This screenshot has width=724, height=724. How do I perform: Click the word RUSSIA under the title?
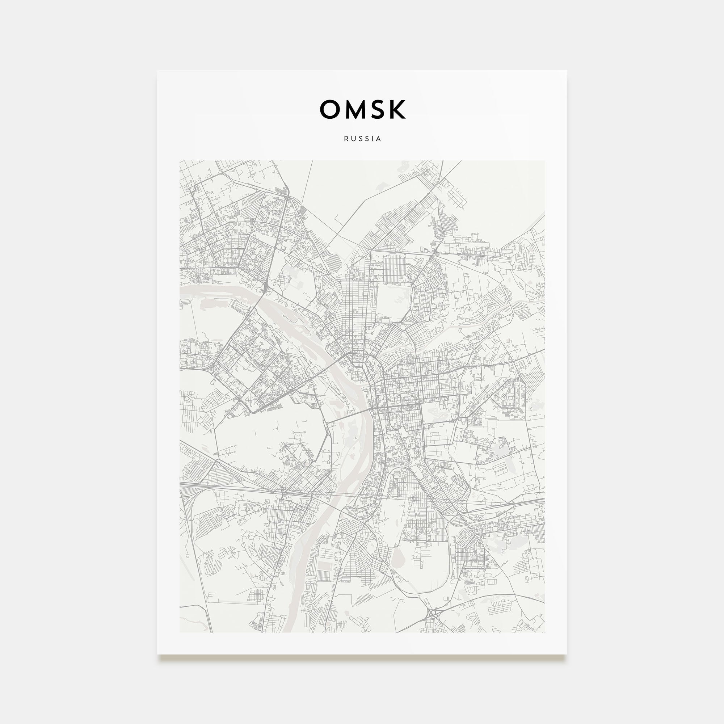tap(362, 139)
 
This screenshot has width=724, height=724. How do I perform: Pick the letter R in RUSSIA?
tap(346, 139)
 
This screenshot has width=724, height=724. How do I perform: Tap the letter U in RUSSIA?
tap(353, 139)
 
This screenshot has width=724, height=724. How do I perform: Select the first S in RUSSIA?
tap(359, 139)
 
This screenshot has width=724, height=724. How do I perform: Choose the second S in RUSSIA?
tap(366, 139)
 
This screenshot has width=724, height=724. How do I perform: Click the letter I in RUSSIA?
tap(372, 139)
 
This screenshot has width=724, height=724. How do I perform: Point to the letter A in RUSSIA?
tap(379, 139)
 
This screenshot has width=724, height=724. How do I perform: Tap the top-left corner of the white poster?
tap(157, 71)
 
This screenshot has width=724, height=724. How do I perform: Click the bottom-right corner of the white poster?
tap(567, 654)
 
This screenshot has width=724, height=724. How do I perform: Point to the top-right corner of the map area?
tap(544, 161)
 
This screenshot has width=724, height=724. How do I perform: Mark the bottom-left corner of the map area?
tap(180, 632)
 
